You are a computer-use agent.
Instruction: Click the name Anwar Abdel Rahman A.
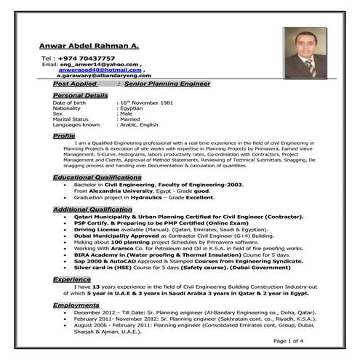point(88,46)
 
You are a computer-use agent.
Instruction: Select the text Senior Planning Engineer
point(167,84)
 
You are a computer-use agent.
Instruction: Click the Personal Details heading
point(80,95)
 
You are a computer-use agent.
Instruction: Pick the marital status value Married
point(134,119)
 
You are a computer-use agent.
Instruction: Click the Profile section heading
point(64,136)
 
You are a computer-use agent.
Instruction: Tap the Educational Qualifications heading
point(97,177)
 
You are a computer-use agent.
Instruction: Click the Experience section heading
point(71,279)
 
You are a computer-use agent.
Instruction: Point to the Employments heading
point(76,305)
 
